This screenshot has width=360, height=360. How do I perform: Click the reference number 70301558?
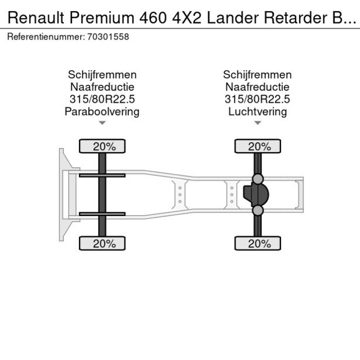point(108,37)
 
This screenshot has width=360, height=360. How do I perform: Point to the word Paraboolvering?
point(102,111)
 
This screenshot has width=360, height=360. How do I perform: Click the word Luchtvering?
point(257,111)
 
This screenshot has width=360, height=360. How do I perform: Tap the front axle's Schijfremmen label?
point(102,75)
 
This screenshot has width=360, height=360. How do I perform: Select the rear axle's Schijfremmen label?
point(257,75)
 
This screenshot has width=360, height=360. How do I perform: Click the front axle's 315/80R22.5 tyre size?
point(102,99)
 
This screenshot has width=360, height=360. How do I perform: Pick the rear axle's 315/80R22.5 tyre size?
point(257,99)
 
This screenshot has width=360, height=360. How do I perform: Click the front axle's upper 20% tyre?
point(102,146)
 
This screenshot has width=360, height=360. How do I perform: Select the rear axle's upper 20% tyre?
point(257,146)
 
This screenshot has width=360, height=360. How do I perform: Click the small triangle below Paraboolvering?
point(102,123)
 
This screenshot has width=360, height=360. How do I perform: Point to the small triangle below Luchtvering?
point(257,123)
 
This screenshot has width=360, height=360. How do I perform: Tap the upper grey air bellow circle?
point(257,179)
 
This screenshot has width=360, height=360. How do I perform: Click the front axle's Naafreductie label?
point(102,87)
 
